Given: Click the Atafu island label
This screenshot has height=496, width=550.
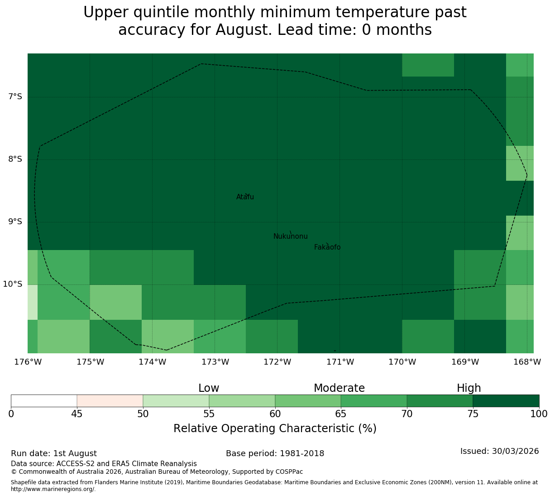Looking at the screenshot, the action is (245, 197).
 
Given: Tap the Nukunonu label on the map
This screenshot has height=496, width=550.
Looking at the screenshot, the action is (290, 236).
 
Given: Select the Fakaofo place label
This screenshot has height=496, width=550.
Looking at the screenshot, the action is (327, 247).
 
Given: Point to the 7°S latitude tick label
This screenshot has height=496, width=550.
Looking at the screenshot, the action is (15, 96).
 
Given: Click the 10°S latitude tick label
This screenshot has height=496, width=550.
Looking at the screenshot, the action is (13, 284).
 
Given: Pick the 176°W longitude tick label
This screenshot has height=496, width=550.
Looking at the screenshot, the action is (28, 362).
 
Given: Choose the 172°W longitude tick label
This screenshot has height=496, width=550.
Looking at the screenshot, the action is (277, 362).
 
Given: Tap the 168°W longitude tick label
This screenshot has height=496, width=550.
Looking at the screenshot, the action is (527, 362).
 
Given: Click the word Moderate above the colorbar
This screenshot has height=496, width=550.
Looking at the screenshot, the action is (339, 388).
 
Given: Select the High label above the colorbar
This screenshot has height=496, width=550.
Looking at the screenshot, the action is (469, 388).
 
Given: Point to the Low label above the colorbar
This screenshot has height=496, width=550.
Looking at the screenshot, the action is (209, 388).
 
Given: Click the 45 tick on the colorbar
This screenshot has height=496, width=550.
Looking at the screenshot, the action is (77, 414).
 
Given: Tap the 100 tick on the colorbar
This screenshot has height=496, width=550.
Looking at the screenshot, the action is (539, 414).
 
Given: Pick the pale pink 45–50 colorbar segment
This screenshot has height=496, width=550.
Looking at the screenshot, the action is (110, 401).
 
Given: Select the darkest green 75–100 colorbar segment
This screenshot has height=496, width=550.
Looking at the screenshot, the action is (506, 401).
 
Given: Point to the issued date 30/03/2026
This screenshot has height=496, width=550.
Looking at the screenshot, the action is (516, 451).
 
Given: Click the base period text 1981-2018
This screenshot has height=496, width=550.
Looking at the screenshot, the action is (302, 453).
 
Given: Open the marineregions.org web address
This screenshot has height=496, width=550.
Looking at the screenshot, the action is (53, 489).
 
